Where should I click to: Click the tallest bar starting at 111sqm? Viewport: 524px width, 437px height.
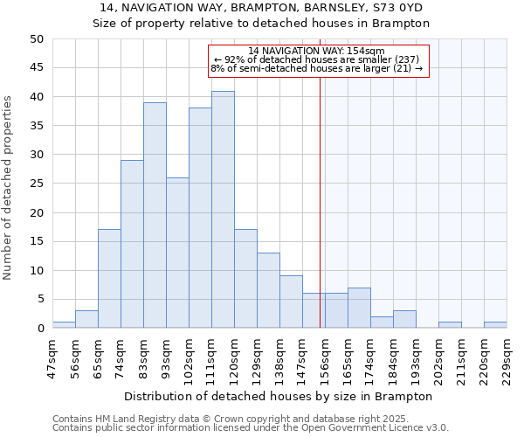[x=223, y=210]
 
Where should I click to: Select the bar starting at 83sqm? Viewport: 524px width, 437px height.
[x=155, y=215]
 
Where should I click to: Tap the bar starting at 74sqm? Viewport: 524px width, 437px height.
[x=132, y=244]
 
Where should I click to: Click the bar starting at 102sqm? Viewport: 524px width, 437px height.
[x=200, y=218]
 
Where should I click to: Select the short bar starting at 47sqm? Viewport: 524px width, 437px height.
[x=64, y=325]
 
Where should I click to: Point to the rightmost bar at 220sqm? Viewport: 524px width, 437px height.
[x=495, y=325]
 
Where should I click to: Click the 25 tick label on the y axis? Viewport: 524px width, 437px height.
[x=36, y=184]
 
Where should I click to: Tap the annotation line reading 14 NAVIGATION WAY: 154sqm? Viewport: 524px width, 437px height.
[x=316, y=51]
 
